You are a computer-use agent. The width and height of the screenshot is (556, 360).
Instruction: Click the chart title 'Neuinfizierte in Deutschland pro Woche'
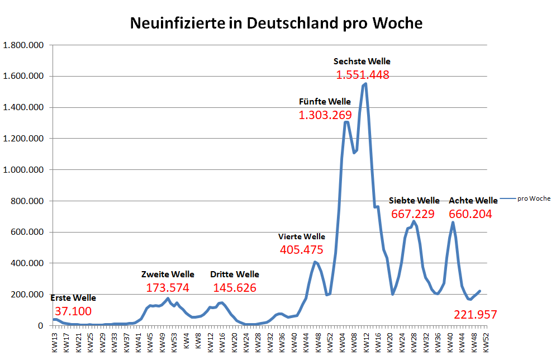[276, 23]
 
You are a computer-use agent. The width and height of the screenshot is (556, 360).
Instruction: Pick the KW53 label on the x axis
[174, 340]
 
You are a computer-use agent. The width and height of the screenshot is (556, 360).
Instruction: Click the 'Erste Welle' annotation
[73, 298]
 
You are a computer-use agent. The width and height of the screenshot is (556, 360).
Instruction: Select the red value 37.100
[73, 311]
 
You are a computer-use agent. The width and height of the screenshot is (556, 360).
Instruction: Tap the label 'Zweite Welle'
[168, 274]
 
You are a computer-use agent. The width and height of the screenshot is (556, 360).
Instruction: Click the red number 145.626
[235, 288]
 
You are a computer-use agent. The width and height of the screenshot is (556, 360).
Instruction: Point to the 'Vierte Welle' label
[302, 236]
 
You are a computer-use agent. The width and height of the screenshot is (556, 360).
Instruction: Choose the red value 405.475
[302, 250]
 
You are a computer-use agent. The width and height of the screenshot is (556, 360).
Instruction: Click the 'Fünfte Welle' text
[325, 102]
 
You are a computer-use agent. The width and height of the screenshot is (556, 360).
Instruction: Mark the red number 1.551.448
[363, 75]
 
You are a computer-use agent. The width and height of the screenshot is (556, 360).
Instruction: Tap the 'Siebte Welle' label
[414, 200]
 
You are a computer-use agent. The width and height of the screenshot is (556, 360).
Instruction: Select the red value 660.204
[471, 214]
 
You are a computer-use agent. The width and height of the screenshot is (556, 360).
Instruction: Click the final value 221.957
[476, 315]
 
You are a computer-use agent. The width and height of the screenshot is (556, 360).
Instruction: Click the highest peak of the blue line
[365, 84]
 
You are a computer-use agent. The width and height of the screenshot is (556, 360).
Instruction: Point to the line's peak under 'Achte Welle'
[453, 222]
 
